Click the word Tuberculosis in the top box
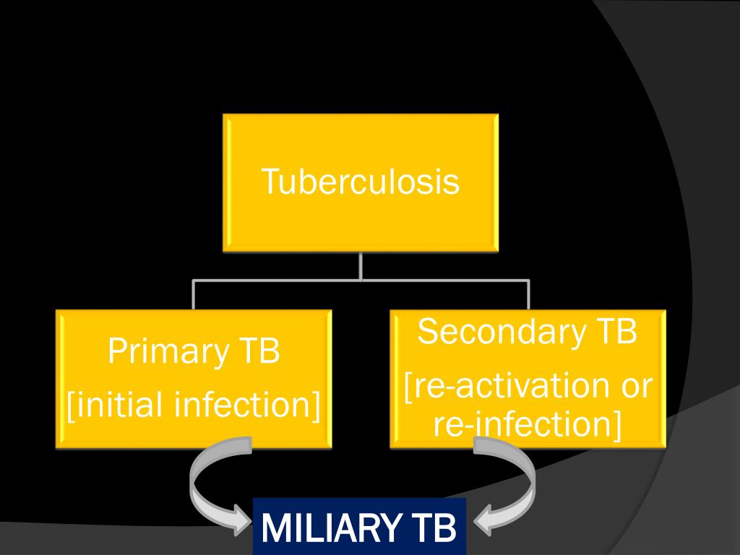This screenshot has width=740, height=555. (360, 181)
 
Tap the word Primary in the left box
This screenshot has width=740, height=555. (165, 352)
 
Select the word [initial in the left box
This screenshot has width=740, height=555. (116, 405)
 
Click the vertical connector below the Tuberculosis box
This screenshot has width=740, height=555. (361, 266)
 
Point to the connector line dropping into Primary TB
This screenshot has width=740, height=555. (194, 295)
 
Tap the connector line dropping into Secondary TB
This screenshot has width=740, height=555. (528, 295)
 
